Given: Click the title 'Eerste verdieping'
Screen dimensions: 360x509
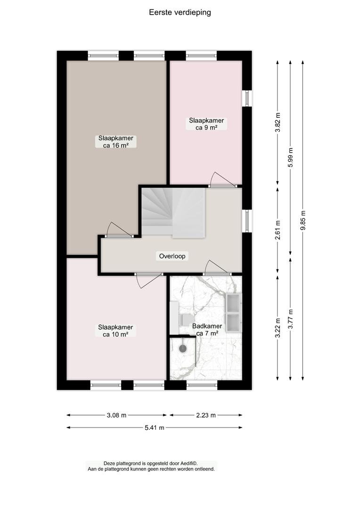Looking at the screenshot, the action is click(180, 12).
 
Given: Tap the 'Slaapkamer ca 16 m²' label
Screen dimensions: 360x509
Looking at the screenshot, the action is click(116, 142).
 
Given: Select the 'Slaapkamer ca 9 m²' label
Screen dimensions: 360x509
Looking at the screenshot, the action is click(206, 124).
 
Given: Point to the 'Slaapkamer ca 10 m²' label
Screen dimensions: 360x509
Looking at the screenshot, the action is click(115, 331).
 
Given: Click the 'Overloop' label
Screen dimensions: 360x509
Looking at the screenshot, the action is click(172, 256).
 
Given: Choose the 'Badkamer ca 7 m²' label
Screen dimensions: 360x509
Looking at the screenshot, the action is click(207, 330).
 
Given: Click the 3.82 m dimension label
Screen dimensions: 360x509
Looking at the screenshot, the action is click(278, 122).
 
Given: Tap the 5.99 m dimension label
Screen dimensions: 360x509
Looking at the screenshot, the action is click(291, 157).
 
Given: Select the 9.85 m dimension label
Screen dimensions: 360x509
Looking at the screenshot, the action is click(303, 221).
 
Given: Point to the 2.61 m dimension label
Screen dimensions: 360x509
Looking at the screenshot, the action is click(278, 230).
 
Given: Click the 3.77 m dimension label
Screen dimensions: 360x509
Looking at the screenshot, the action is click(291, 319).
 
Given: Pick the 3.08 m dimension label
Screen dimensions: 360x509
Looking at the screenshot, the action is click(116, 415).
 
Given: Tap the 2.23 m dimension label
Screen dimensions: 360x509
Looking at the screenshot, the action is click(206, 415).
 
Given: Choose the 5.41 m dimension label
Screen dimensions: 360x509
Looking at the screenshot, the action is click(155, 428).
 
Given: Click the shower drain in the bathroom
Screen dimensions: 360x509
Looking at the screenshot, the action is click(183, 349).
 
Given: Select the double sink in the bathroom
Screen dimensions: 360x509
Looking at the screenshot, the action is click(233, 313).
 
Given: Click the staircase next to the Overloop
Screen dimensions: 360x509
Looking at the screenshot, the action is click(173, 213).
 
